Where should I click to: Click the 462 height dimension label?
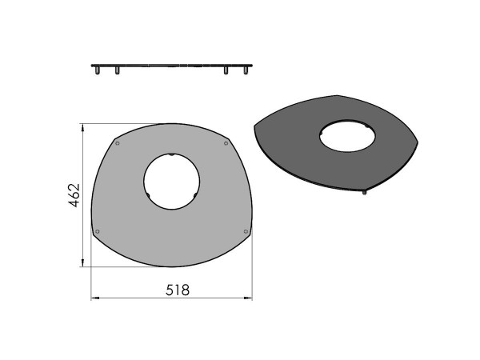(x=73, y=195)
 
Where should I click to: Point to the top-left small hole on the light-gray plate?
(x=118, y=144)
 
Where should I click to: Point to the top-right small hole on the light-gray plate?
(x=226, y=144)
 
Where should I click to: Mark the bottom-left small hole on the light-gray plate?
(x=98, y=232)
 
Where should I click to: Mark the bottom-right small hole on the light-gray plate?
(x=244, y=232)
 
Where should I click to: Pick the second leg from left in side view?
(x=117, y=71)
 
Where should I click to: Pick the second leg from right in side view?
(x=226, y=71)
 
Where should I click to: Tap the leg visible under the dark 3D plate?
(x=365, y=192)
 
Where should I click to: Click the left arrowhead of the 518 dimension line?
(x=94, y=299)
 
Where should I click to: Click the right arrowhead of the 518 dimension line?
(x=249, y=299)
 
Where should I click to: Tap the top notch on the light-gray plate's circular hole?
(x=171, y=154)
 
